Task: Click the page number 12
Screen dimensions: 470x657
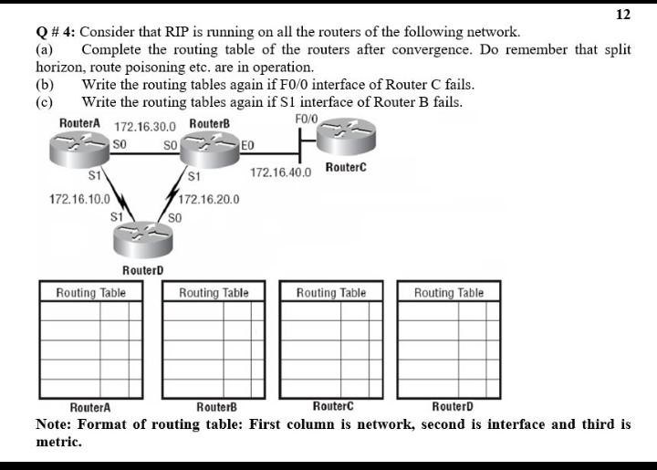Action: click(623, 15)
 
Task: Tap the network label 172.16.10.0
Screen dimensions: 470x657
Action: click(79, 198)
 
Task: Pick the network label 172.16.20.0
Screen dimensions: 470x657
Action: click(209, 198)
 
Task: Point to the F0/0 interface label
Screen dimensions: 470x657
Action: click(307, 119)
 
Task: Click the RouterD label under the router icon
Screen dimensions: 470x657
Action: click(143, 270)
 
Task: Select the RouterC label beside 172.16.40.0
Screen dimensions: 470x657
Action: click(346, 168)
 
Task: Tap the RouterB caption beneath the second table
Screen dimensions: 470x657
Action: click(217, 406)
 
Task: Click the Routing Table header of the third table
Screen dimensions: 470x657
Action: click(330, 292)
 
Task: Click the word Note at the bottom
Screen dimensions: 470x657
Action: click(54, 424)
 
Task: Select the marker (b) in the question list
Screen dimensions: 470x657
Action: click(45, 84)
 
